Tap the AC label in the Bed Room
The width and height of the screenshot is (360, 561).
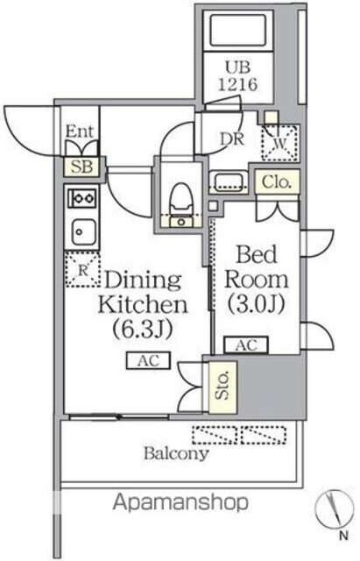point(246,344)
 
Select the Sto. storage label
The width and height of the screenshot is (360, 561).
point(222,385)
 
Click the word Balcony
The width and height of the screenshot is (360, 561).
point(177,454)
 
